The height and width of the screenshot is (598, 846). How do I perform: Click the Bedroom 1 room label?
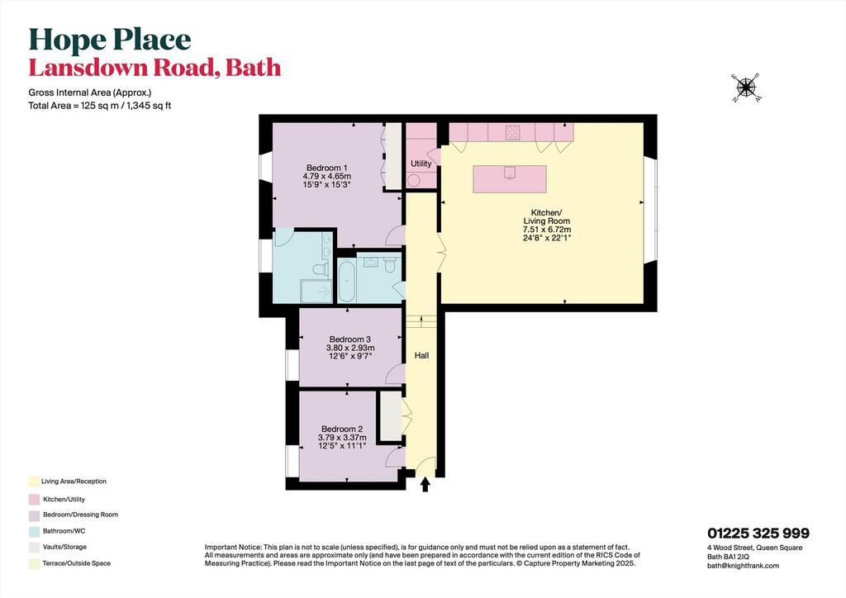click(327, 167)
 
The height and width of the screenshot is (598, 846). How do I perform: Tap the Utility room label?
click(421, 164)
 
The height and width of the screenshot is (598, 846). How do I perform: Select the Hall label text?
click(421, 355)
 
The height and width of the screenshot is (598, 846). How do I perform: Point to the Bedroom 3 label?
click(350, 339)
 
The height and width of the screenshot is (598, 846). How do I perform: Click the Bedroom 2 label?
click(341, 430)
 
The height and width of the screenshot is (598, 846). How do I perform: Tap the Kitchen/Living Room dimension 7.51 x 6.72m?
click(547, 229)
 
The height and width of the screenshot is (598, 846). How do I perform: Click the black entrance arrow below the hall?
click(425, 484)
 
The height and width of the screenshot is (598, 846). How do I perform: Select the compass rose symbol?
click(747, 88)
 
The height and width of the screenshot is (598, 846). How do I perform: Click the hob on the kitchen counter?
click(512, 132)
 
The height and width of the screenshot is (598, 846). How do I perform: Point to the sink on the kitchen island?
click(510, 173)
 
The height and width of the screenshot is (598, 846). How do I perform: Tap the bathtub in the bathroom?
click(346, 280)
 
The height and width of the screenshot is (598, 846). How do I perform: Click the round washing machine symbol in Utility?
click(414, 181)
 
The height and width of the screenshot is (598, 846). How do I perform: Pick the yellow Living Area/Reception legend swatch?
click(34, 482)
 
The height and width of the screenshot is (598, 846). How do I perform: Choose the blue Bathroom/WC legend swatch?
click(34, 531)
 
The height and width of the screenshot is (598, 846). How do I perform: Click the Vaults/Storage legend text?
click(64, 547)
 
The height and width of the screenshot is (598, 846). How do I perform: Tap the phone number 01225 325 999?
click(758, 534)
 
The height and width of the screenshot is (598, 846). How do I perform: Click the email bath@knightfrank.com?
click(743, 566)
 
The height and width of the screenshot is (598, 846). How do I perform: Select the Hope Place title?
click(110, 40)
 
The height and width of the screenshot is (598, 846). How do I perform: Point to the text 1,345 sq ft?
click(149, 106)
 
